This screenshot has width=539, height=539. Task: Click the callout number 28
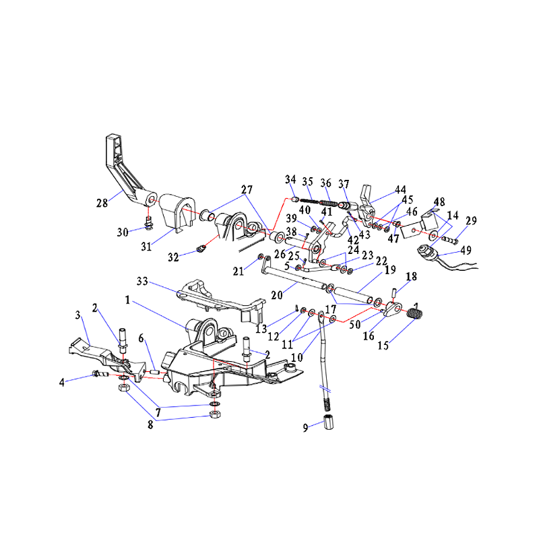coord(102,203)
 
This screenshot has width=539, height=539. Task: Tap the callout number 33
coord(142,281)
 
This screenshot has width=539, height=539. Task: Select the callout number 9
coord(305,428)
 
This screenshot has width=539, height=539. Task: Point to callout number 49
coord(466,250)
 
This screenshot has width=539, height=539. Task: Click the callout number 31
coord(146,247)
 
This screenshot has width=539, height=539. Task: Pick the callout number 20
coord(277,295)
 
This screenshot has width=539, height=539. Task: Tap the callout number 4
coord(61,382)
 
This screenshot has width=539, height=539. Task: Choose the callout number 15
coord(383,345)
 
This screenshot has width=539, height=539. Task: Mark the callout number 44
coord(400,189)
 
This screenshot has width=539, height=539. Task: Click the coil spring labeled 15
coord(414,313)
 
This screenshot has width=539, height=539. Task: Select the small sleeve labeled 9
coord(329,422)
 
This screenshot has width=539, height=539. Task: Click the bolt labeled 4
coord(100,374)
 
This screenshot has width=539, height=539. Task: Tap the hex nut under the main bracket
coord(215,414)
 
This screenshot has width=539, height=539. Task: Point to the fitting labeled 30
coord(149,224)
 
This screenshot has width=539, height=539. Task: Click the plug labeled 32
coord(201,248)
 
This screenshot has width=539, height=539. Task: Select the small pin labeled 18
coord(394,293)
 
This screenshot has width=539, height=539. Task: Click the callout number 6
coord(141,338)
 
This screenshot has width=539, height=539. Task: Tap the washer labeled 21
coord(261,257)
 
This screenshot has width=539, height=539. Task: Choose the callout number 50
coord(355,324)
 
